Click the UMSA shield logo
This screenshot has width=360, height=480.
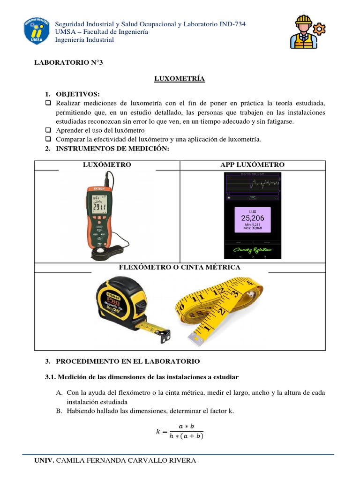click(x=35, y=32)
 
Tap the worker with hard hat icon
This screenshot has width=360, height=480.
click(x=306, y=31)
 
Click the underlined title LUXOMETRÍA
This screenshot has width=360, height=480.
click(x=180, y=79)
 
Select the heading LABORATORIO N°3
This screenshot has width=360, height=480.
click(x=68, y=63)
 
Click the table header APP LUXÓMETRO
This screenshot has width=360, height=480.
click(x=252, y=165)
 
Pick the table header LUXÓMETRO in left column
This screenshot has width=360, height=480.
click(x=107, y=165)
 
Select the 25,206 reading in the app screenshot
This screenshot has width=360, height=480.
click(x=253, y=218)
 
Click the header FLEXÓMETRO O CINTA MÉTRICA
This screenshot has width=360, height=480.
click(x=180, y=267)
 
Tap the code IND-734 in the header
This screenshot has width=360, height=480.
click(x=232, y=24)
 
